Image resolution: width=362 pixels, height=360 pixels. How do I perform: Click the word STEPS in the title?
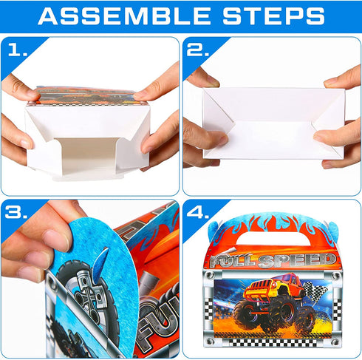pyautogui.click(x=275, y=16)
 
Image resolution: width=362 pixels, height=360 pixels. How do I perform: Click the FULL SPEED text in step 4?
pyautogui.click(x=273, y=260)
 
